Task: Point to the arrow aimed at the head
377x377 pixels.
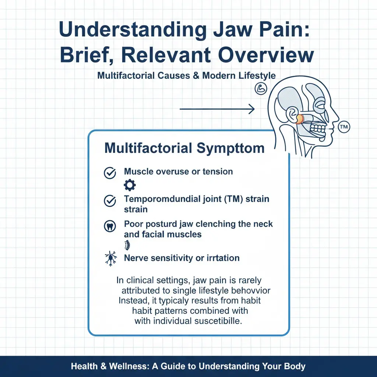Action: (x=217, y=109)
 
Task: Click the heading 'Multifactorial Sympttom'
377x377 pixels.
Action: (x=184, y=148)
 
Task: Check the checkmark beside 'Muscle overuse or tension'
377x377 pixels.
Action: (x=110, y=172)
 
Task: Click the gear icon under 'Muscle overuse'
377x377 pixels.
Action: (x=130, y=185)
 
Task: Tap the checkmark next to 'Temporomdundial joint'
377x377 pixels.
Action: (x=110, y=201)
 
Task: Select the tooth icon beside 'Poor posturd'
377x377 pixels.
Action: (x=110, y=226)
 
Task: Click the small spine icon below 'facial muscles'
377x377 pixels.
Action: (x=128, y=244)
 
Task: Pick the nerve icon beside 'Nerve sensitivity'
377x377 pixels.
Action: (x=110, y=259)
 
